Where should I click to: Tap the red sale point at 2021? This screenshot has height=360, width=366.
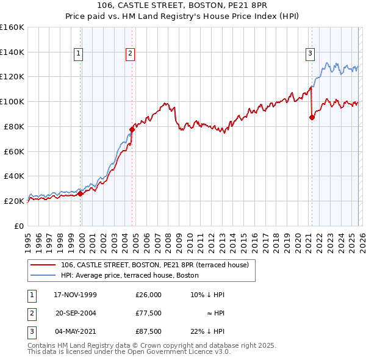pos(312,117)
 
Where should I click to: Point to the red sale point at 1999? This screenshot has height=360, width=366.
pos(81,193)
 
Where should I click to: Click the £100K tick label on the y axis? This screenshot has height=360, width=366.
pos(12,101)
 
